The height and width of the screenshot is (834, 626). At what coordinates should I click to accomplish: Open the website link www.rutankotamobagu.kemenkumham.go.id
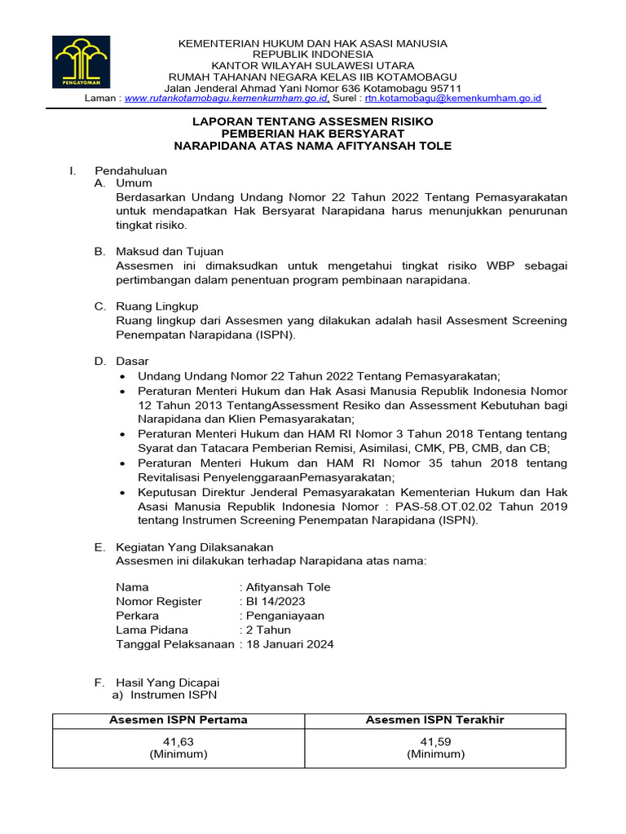pyautogui.click(x=226, y=99)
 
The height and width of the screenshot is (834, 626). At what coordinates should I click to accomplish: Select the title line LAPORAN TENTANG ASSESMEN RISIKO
pyautogui.click(x=312, y=121)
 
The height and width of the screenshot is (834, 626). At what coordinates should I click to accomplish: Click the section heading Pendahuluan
pyautogui.click(x=131, y=171)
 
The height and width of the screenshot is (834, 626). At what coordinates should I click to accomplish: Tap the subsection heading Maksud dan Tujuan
pyautogui.click(x=170, y=252)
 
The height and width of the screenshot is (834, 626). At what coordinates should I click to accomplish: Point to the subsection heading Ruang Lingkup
pyautogui.click(x=157, y=306)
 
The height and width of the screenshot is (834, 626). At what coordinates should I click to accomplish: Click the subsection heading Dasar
pyautogui.click(x=133, y=361)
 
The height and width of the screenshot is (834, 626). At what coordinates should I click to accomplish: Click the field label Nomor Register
pyautogui.click(x=159, y=601)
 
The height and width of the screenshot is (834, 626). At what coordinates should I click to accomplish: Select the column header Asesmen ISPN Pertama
pyautogui.click(x=179, y=720)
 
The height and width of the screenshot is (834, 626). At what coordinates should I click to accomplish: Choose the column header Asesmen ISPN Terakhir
pyautogui.click(x=435, y=720)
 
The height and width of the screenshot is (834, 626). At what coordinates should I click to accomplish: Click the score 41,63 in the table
pyautogui.click(x=179, y=741)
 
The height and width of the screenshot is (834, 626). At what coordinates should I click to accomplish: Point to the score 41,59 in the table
pyautogui.click(x=435, y=741)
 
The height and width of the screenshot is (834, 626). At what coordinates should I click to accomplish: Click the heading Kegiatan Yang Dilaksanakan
pyautogui.click(x=195, y=546)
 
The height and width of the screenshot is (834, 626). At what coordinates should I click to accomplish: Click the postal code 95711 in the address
pyautogui.click(x=445, y=88)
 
